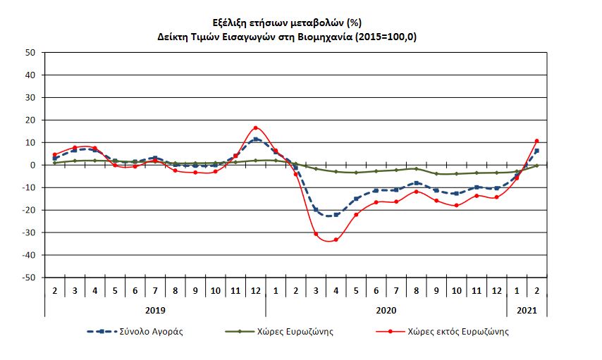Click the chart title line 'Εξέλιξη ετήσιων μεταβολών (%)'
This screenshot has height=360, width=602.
(x=301, y=23)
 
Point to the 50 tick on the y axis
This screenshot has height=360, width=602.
(x=30, y=52)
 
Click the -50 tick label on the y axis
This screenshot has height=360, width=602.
(x=28, y=278)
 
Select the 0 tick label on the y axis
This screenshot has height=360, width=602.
(x=32, y=165)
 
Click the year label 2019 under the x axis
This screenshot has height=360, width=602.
(x=155, y=309)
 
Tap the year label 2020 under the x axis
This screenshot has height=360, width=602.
(x=386, y=309)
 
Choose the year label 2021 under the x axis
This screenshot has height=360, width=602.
(x=527, y=309)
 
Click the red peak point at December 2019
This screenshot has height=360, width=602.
(x=256, y=128)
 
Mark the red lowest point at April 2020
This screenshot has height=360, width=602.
(x=336, y=240)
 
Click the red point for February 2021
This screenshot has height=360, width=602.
(x=537, y=141)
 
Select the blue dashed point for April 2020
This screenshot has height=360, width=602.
(x=336, y=215)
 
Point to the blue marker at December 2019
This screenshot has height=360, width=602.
(x=256, y=139)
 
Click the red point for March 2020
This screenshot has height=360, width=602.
(x=316, y=234)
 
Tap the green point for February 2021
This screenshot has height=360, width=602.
(x=537, y=166)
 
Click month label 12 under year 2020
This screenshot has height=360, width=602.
(x=497, y=290)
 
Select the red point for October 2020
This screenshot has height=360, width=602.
(x=457, y=206)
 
